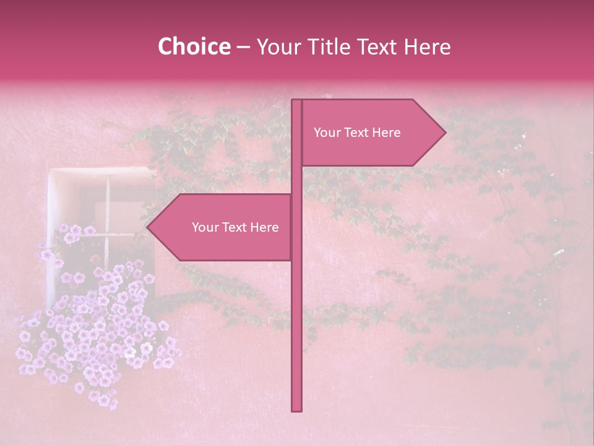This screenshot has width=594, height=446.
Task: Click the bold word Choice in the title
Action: pos(194,46)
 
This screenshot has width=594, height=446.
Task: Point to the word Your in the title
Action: pos(278,46)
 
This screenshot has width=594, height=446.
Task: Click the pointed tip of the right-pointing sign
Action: pos(445,132)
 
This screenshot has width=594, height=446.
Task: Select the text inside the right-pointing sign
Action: pos(357,133)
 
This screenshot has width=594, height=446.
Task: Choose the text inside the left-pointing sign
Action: pos(235,227)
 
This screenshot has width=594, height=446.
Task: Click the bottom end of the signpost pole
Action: pos(297,409)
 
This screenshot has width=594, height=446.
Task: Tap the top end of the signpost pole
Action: pos(297,101)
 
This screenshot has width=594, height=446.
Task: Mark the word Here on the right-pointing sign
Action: pos(387,133)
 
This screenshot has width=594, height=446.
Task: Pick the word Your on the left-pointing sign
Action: pos(204,227)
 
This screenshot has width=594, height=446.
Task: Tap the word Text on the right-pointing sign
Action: pos(356,133)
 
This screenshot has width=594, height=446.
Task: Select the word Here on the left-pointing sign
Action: pos(265,227)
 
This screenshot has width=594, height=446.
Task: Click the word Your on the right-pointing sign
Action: pos(326,133)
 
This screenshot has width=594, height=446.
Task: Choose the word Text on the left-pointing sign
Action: pos(235,227)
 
